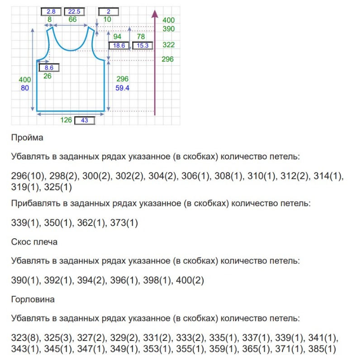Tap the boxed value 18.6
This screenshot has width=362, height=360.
point(119,46)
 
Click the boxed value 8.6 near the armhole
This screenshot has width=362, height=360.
point(49,68)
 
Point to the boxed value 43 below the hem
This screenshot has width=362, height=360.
point(84,120)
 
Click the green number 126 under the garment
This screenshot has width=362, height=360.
point(67,120)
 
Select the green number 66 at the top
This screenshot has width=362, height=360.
point(72,19)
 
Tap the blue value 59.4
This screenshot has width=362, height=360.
point(123,88)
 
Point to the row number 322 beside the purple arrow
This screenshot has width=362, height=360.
point(168,45)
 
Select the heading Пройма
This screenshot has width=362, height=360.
point(27,138)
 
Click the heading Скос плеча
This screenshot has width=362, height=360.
point(34,242)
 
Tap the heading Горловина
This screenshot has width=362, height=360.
point(33,299)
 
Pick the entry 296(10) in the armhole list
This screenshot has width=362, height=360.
point(26,176)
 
